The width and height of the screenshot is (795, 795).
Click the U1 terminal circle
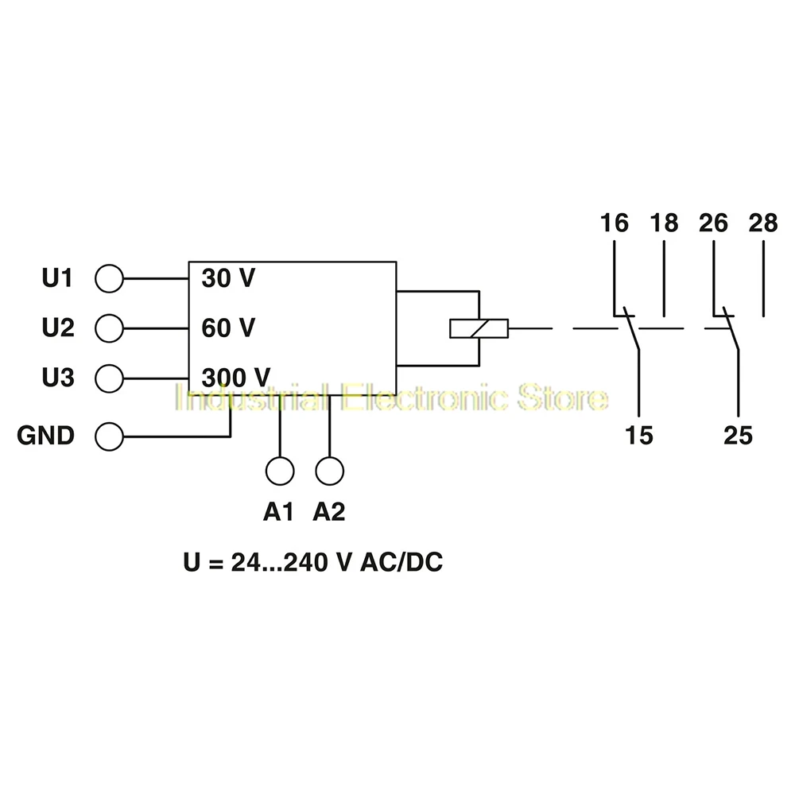(109, 279)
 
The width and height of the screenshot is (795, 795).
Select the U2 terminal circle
(109, 328)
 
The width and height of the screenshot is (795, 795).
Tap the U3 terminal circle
(109, 376)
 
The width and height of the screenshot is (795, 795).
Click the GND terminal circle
(109, 436)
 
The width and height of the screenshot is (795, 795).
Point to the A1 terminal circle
(280, 471)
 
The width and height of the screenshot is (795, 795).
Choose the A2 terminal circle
(329, 471)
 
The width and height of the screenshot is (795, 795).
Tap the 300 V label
(235, 376)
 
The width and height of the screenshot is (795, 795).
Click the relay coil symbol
(479, 328)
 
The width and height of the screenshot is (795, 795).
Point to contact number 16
(615, 223)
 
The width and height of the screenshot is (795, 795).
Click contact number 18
(664, 223)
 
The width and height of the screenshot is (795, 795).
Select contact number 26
(714, 223)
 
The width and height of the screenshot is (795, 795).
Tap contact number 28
(763, 223)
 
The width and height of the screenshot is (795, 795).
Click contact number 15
(639, 435)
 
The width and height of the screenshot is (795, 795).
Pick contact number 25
(738, 435)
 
